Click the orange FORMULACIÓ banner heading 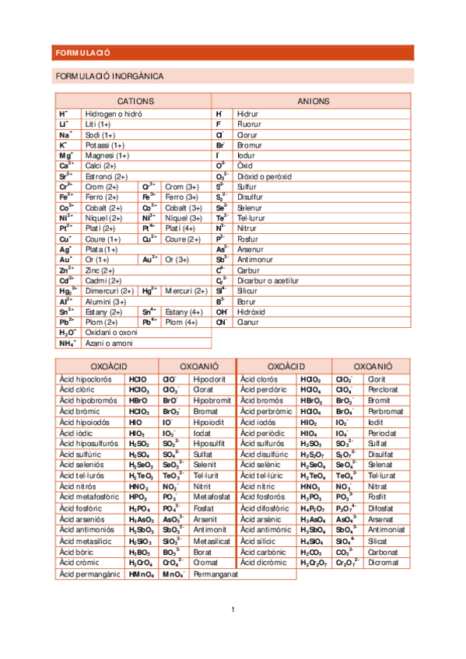pos(83,53)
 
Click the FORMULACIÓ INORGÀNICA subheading pos(109,76)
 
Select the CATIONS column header pos(135,101)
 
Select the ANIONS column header pos(313,101)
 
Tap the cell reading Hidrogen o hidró pos(114,113)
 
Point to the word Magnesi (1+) pos(107,155)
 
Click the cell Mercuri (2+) pos(186,291)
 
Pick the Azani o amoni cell pos(109,343)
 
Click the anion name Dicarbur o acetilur pos(268,280)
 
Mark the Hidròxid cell pos(251,311)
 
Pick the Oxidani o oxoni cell pos(112,332)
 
